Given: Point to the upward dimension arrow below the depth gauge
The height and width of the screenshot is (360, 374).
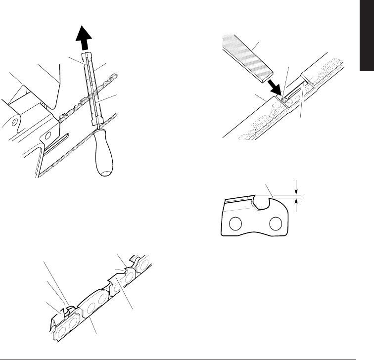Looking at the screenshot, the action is pyautogui.click(x=296, y=205).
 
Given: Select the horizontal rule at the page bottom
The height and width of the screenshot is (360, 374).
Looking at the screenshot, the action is pyautogui.click(x=187, y=354).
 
